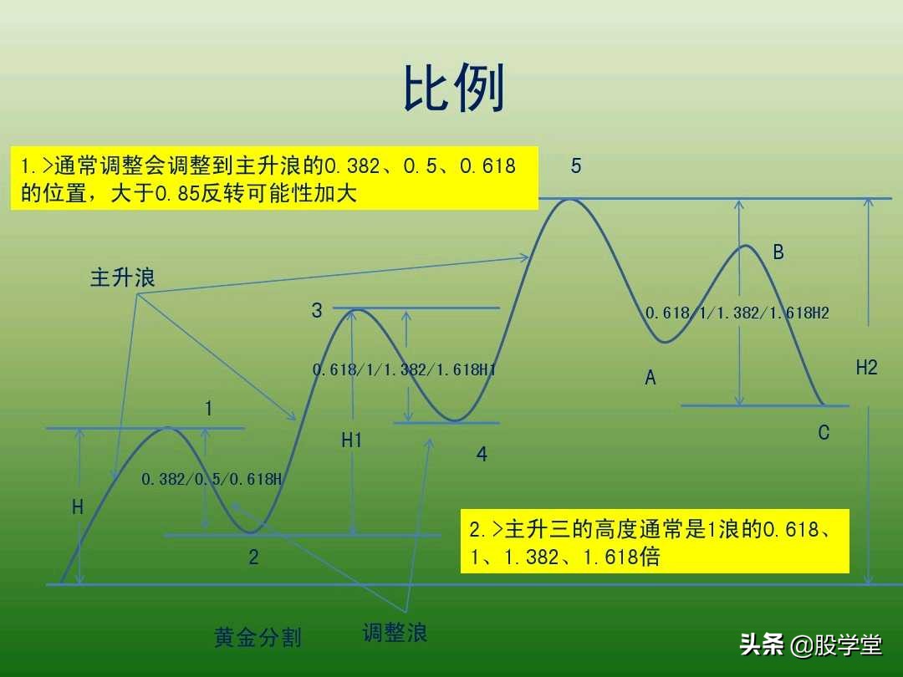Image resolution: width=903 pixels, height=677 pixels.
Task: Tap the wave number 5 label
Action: pos(576,166)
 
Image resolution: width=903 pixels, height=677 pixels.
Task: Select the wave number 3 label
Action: pos(317,311)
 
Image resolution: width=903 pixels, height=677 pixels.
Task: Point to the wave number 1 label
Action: pos(208,409)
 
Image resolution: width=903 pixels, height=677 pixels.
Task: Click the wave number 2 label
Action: pos(254,557)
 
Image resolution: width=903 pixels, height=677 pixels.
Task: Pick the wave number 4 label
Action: pos(482,455)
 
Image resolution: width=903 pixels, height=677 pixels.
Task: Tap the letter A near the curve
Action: pos(650,379)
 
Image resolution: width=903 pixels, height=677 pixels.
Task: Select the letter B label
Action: pos(778,252)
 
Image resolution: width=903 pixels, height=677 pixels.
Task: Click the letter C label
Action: pos(824,433)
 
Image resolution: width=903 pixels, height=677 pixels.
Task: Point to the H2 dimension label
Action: pos(866,368)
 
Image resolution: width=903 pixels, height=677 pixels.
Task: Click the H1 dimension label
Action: pos(352,440)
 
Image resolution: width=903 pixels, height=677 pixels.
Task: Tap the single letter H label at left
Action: pos(78,507)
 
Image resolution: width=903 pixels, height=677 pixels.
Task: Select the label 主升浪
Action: pos(123,278)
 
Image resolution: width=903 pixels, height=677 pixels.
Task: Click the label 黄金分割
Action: pos(258,638)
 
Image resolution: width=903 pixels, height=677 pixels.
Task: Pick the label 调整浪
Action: pos(395,633)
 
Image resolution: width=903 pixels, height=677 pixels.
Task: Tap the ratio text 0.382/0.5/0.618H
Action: pos(212,480)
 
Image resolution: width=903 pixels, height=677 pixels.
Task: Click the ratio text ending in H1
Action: pos(405,369)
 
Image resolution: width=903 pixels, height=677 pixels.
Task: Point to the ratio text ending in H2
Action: pos(737,313)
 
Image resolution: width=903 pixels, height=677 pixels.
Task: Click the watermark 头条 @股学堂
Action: pos(810,644)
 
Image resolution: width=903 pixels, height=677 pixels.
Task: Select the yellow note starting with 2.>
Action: pos(655,542)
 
